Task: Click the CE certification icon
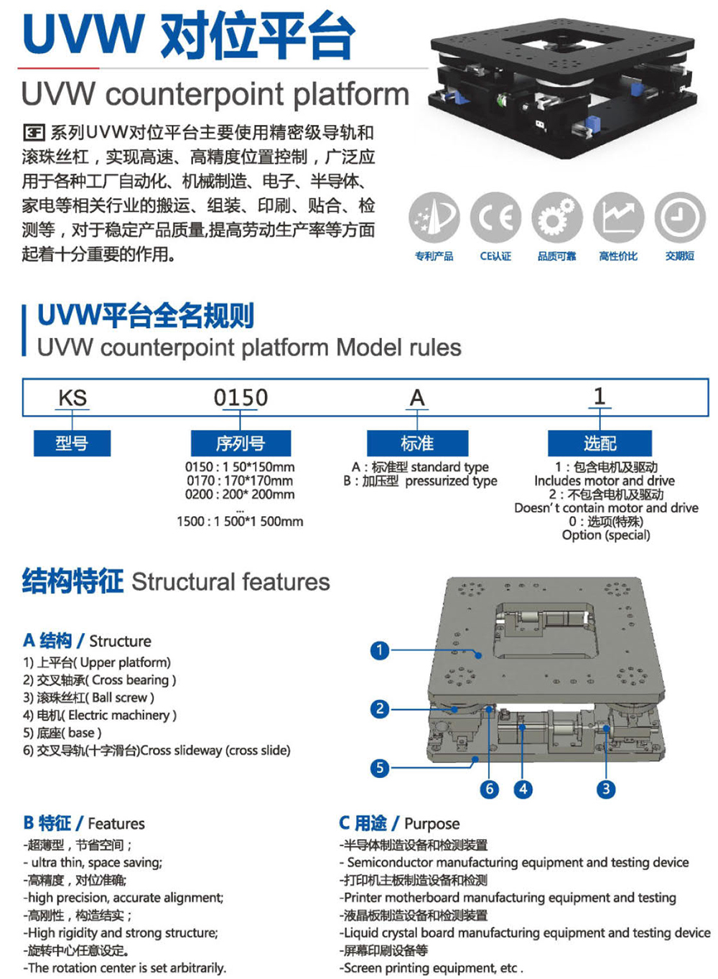point(495,217)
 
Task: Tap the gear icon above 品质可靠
point(556,217)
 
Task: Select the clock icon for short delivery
point(679,217)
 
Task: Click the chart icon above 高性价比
point(618,217)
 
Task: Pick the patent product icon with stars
point(434,217)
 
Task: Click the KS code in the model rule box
point(72,398)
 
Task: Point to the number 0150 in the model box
point(241,398)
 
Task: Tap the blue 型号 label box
point(72,444)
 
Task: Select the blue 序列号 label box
point(241,444)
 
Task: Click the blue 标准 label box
point(417,444)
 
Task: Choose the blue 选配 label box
point(600,444)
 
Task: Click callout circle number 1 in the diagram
point(380,651)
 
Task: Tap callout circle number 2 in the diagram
point(380,709)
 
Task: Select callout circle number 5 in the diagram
point(380,768)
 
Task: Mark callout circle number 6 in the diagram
point(490,790)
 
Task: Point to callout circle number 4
point(523,790)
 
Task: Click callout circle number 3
point(606,790)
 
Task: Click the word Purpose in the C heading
point(432,823)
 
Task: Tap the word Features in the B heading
point(116,823)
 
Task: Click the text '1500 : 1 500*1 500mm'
point(240,522)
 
